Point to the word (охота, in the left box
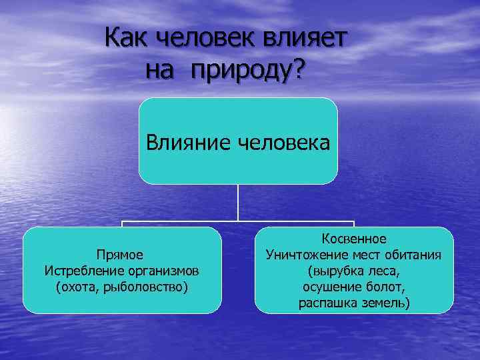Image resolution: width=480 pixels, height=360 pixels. coord(77,287)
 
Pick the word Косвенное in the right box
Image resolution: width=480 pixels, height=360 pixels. coord(354,238)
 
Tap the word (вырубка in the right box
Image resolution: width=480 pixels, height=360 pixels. coord(335,271)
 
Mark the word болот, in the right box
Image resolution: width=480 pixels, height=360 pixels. coord(388,287)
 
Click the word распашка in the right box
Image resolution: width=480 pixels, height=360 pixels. coord(325,303)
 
